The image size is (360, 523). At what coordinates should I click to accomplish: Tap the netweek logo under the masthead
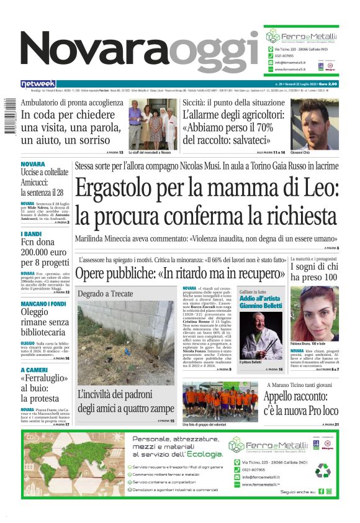[38, 84]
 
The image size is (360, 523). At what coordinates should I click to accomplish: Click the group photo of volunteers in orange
[220, 401]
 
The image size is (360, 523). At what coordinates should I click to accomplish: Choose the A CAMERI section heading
[35, 370]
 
